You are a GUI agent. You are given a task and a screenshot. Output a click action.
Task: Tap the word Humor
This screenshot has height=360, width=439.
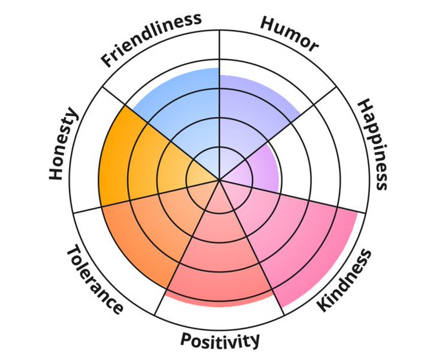tap(289, 34)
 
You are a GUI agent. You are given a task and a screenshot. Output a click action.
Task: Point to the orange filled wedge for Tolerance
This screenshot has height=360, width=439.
tap(145, 233)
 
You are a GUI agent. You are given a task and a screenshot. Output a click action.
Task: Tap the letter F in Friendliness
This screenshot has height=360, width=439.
tap(108, 61)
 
